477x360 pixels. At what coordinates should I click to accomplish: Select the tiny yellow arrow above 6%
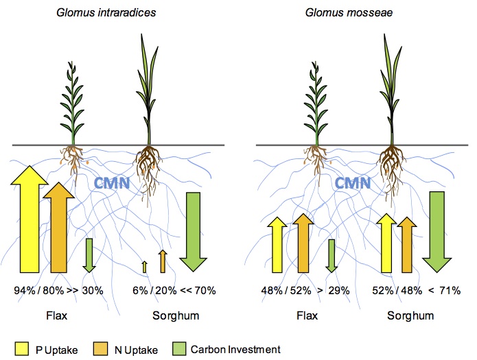[143, 267]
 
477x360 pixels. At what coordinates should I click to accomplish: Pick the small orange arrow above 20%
[163, 261]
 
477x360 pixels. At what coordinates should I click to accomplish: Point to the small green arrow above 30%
[89, 254]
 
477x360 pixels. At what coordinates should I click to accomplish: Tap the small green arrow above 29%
[332, 254]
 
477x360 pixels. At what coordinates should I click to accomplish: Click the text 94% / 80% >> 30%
[58, 291]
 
